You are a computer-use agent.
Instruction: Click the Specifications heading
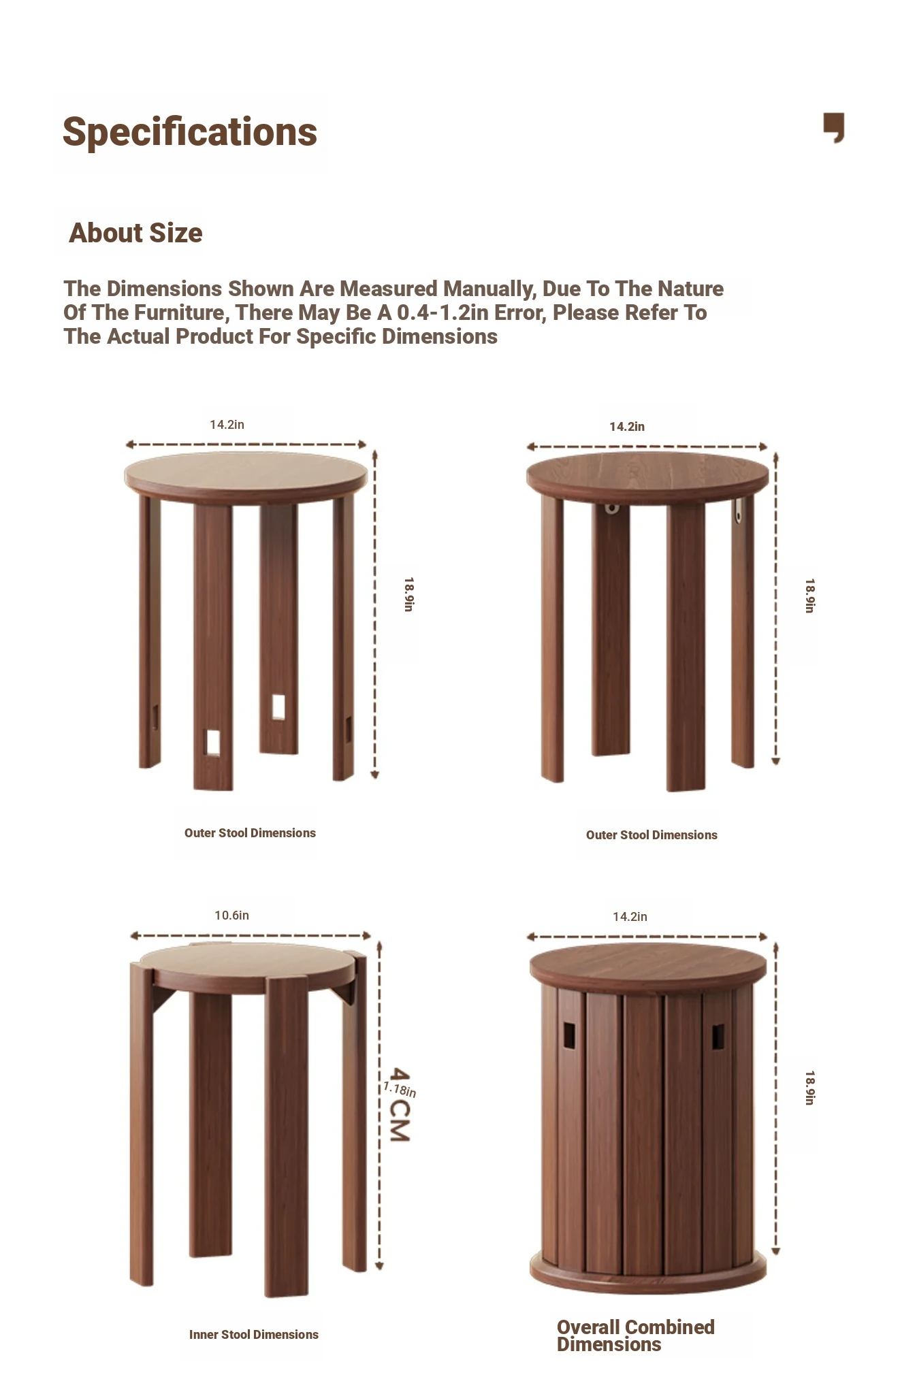190,132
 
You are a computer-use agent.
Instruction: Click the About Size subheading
135,233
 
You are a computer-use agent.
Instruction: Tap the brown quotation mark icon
834,127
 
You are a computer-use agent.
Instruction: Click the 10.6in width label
231,915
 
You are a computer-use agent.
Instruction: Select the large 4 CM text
399,1105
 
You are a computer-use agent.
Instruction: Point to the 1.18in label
400,1089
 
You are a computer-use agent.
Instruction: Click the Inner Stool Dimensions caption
254,1335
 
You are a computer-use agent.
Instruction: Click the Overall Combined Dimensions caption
635,1335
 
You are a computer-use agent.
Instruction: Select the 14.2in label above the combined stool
630,917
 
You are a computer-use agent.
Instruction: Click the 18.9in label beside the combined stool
809,1088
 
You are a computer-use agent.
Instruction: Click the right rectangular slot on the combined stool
718,1036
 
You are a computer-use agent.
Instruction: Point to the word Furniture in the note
178,313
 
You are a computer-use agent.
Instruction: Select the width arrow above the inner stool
251,936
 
